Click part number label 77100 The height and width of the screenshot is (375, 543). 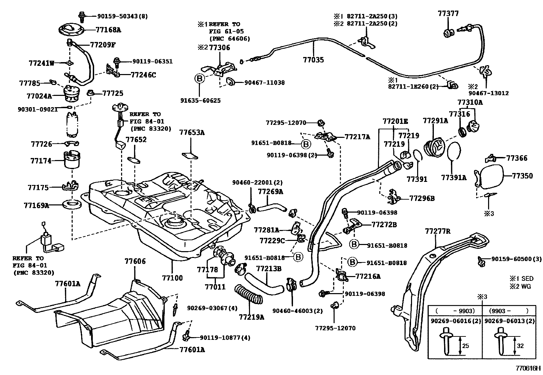click(172, 278)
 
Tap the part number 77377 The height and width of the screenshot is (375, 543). click(448, 14)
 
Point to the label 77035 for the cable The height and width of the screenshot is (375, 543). click(313, 60)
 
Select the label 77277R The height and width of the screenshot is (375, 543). click(438, 231)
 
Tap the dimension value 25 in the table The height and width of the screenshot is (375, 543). click(465, 346)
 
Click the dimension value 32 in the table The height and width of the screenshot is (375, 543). click(520, 346)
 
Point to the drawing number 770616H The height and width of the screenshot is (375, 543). click(528, 369)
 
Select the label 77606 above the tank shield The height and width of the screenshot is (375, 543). click(135, 261)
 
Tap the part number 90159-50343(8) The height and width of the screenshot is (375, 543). click(118, 16)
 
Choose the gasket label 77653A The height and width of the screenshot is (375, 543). click(192, 133)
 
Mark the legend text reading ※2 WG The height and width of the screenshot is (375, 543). click(520, 286)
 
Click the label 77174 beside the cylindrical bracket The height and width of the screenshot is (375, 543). click(41, 161)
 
